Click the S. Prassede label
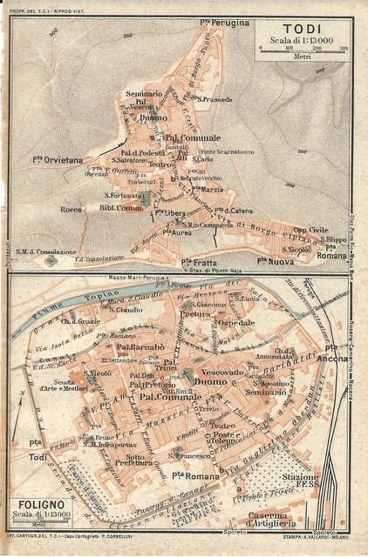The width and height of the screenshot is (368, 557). pyautogui.click(x=215, y=99)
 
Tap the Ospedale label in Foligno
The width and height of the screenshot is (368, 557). pyautogui.click(x=235, y=323)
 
